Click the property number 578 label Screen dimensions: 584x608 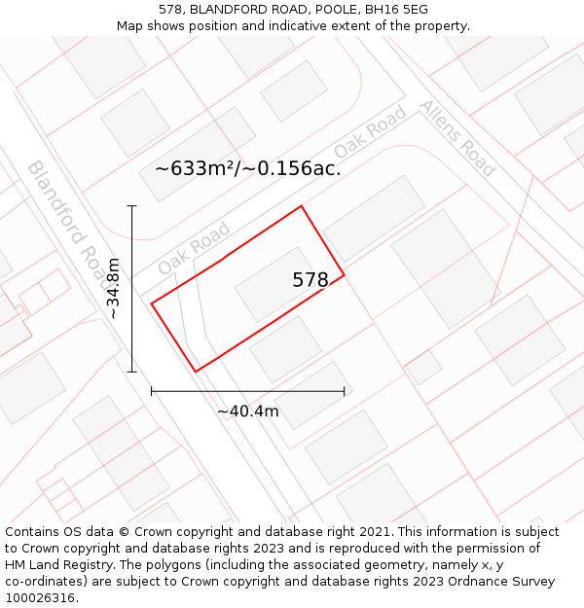310,280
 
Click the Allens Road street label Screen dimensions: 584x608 457,137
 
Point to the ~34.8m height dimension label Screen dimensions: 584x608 113,289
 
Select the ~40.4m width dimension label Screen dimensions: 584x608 247,411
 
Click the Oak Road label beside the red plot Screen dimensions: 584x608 194,247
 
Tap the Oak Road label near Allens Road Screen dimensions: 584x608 370,133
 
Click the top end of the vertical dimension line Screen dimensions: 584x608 132,206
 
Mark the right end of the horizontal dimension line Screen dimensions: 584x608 344,391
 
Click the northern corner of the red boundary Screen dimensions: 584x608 301,206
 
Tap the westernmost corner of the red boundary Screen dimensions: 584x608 151,304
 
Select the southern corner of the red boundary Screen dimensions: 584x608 196,372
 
